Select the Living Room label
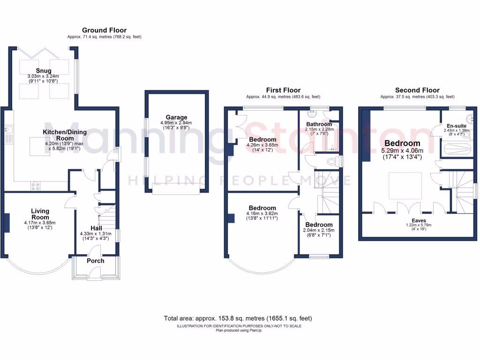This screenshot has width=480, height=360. [x=40, y=214]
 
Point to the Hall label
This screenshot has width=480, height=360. [x=96, y=227]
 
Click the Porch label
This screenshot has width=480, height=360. [x=96, y=261]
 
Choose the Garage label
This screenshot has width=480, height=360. [x=176, y=117]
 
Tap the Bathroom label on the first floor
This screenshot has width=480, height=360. [x=319, y=124]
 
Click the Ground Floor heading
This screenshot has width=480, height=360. [x=104, y=30]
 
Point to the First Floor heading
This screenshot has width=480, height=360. [x=283, y=90]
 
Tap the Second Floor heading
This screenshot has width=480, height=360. [x=417, y=90]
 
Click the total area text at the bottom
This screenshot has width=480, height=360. [x=238, y=318]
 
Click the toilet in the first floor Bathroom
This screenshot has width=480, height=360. [x=332, y=162]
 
